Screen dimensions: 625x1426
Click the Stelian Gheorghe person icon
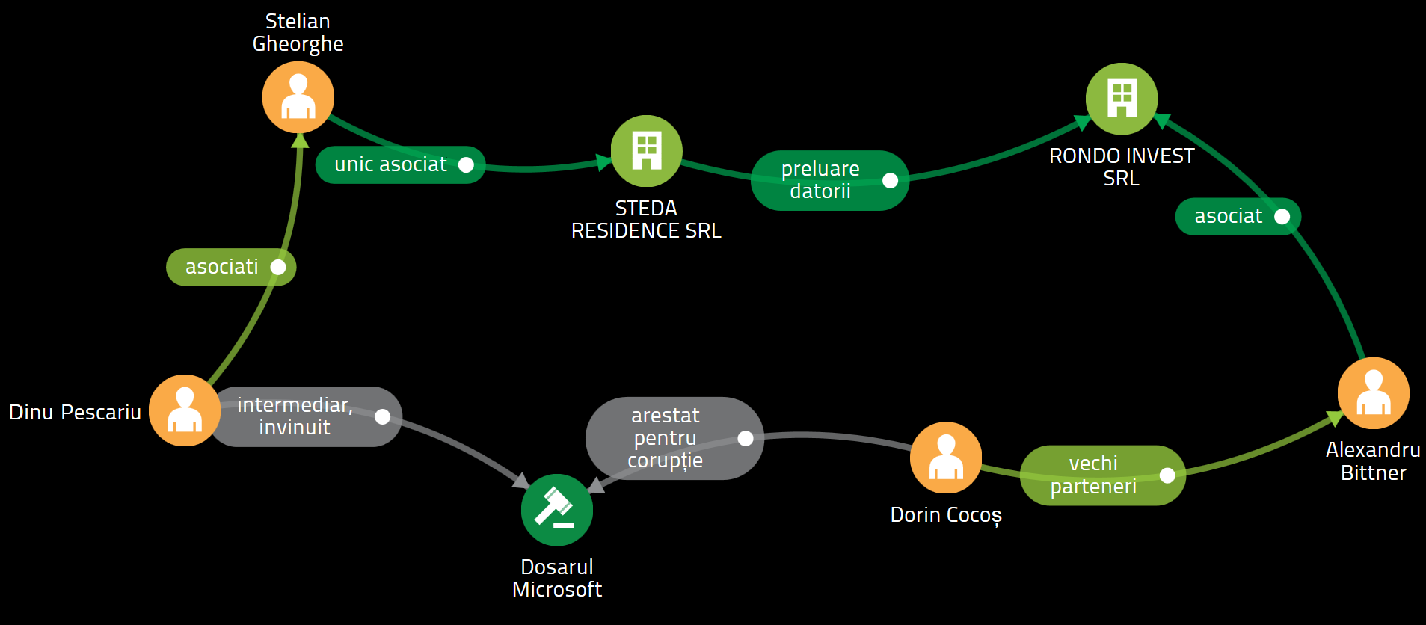coord(298,97)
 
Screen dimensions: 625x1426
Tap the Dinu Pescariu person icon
coord(185,410)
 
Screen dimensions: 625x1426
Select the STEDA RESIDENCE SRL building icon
coord(647,151)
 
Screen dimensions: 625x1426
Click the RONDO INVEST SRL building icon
coord(1122,99)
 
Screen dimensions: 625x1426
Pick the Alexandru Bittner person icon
coord(1374,393)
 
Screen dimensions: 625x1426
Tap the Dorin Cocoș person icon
coord(946,458)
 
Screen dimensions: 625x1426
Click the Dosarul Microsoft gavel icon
coord(557,510)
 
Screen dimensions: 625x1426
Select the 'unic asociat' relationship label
coord(390,164)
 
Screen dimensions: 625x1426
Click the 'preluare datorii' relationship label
coord(820,180)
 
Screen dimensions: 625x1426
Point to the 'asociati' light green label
coord(222,267)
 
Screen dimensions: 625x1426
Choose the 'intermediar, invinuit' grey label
coord(295,416)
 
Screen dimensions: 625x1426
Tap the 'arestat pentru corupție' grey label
coord(665,438)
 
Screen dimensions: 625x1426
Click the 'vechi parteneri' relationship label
coord(1093,475)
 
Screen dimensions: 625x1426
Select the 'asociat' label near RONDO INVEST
coord(1229,217)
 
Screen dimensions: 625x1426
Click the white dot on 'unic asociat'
coord(466,164)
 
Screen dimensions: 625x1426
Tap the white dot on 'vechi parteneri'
coord(1167,475)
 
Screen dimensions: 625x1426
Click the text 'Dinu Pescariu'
coord(75,412)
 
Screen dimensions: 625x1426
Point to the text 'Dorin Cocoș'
coord(946,515)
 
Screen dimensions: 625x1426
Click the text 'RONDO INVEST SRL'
coord(1122,167)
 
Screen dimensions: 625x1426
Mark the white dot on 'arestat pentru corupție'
coord(746,438)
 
